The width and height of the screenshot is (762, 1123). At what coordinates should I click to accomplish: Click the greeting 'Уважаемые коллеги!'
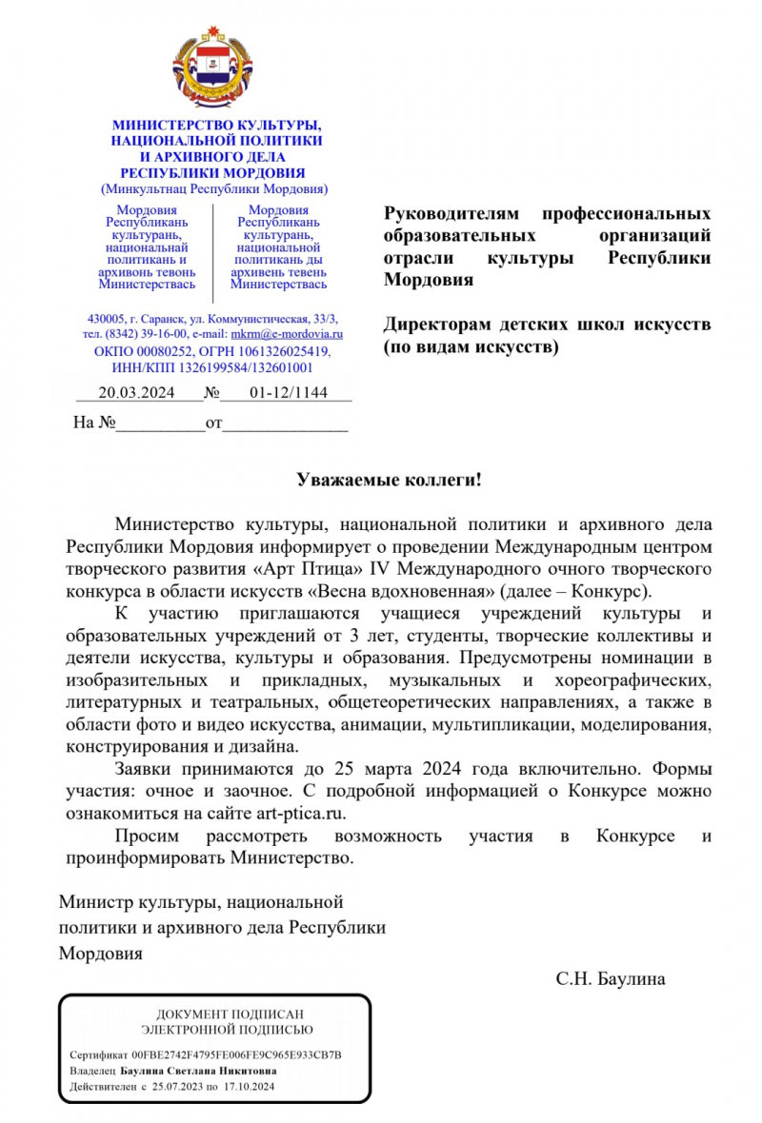[x=388, y=481]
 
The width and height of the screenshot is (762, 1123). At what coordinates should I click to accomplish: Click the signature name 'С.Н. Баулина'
[x=612, y=978]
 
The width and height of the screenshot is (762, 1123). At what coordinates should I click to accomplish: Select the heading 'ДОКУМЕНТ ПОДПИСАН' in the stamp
[x=215, y=1015]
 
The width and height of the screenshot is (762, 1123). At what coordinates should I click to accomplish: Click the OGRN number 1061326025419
[x=275, y=351]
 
